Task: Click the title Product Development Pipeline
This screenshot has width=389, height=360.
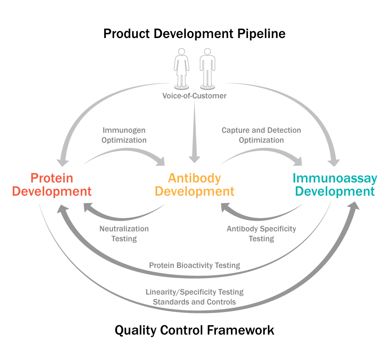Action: [x=194, y=34]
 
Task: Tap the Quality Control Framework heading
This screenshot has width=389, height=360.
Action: [x=194, y=330]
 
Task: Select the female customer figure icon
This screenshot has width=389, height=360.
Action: [x=182, y=69]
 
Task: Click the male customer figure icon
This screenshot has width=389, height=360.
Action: [x=207, y=69]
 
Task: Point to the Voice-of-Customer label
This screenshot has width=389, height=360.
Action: [x=194, y=96]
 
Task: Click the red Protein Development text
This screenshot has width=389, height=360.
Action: [x=52, y=185]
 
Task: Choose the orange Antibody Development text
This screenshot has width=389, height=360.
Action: [x=194, y=185]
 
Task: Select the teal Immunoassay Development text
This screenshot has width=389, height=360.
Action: [x=335, y=185]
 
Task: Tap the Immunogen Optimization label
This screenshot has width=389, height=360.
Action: [x=124, y=135]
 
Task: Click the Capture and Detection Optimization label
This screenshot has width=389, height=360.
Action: [x=261, y=135]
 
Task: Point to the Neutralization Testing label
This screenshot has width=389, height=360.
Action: [x=124, y=234]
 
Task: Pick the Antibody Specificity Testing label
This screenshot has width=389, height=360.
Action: [x=262, y=234]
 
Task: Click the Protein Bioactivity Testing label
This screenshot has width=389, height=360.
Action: [x=194, y=265]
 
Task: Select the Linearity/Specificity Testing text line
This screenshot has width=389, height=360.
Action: [x=194, y=292]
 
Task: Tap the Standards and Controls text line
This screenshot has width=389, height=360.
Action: [x=194, y=302]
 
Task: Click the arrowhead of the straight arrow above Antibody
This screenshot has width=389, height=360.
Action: [x=194, y=159]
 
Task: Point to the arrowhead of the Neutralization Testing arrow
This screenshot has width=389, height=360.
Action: [x=88, y=207]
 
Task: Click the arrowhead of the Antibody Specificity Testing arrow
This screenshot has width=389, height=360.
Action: [x=226, y=207]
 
